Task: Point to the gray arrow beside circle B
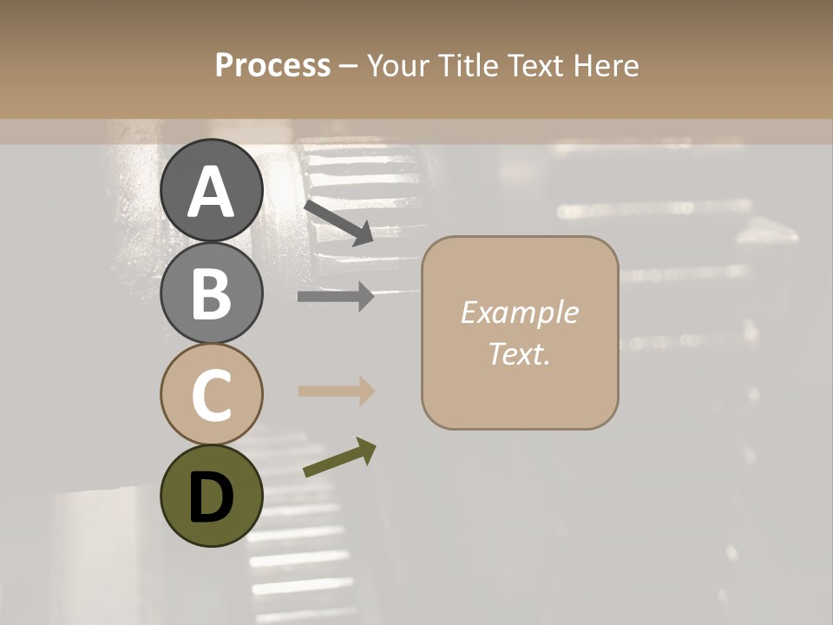click(x=336, y=297)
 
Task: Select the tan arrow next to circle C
click(x=336, y=391)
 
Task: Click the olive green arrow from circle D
click(x=339, y=457)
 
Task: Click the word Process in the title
click(x=272, y=65)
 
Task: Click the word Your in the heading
click(x=397, y=65)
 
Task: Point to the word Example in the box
click(x=519, y=312)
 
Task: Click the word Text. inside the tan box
click(x=519, y=353)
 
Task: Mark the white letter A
click(x=212, y=193)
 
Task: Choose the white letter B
click(x=212, y=293)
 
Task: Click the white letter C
click(x=212, y=395)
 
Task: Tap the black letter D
click(x=212, y=497)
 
